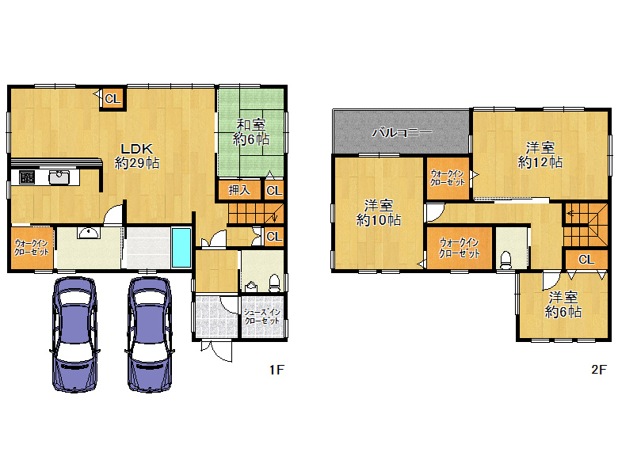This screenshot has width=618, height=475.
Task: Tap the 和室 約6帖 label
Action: coord(251,132)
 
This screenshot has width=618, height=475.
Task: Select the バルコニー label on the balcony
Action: coord(402,131)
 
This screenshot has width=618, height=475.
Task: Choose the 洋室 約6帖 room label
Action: coord(563,305)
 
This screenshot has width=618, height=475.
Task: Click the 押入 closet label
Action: coord(238,190)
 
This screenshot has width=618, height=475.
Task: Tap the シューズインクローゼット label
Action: coord(261,317)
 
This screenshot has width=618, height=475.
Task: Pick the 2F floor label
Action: coord(598,369)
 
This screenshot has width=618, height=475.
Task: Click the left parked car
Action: coord(74,332)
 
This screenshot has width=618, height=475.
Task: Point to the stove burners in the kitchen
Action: coord(24,177)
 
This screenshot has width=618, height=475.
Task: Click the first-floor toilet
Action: coord(274,281)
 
